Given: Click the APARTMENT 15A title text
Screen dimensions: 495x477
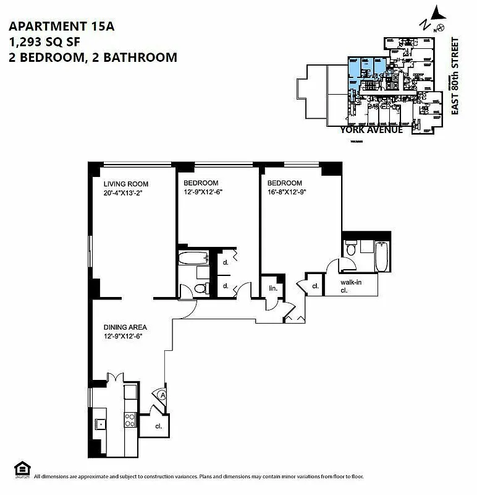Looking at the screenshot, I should click(61, 27).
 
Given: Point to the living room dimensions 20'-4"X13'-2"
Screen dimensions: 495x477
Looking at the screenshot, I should click(128, 192).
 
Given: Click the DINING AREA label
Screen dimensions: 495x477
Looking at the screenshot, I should click(125, 327).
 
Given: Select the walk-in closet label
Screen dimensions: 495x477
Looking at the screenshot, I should click(350, 286).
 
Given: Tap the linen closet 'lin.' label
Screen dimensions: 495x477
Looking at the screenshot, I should click(271, 289).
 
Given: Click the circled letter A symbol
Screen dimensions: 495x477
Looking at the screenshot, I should click(162, 394).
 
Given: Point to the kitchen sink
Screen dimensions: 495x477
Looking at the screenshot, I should click(101, 423).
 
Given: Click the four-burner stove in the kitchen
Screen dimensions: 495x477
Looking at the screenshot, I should click(130, 420).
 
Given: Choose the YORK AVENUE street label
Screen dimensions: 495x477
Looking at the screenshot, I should click(371, 130).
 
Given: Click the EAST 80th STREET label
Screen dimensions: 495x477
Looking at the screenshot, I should click(455, 76).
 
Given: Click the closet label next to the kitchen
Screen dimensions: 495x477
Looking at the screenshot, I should click(159, 426).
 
